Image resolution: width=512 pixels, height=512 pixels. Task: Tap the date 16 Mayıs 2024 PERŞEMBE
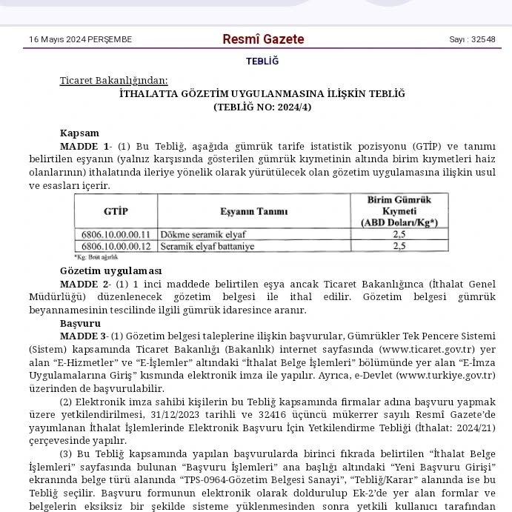(80, 39)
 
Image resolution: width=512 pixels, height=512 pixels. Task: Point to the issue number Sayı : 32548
(472, 39)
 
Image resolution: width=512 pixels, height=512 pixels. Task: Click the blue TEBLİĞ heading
(262, 61)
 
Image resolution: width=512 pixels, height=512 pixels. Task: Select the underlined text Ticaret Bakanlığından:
(113, 80)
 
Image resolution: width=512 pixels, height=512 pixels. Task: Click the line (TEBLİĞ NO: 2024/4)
(262, 107)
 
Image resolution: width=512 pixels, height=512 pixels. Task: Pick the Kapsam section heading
(79, 133)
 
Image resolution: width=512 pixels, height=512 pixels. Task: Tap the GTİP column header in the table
(116, 211)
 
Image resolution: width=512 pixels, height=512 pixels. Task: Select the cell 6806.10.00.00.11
(116, 234)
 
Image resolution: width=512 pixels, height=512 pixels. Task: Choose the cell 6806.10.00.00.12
(116, 245)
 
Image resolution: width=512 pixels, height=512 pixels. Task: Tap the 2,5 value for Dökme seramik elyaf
(399, 234)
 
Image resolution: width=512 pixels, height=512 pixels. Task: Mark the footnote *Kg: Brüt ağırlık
(91, 256)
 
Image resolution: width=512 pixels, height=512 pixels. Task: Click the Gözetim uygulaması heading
(110, 271)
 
